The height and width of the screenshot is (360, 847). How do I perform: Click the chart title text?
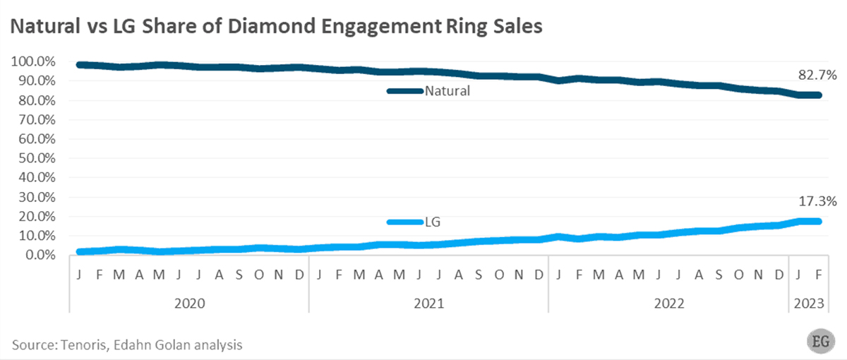click(x=275, y=28)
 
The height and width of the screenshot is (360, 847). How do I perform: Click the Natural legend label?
click(x=447, y=91)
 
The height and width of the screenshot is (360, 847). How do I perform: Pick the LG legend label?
click(x=433, y=222)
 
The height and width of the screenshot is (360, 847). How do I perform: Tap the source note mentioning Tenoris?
click(x=128, y=344)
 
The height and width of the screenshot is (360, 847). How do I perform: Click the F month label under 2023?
click(x=818, y=274)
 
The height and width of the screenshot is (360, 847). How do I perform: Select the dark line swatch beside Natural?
click(x=404, y=91)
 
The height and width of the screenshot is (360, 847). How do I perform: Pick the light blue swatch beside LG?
click(x=404, y=222)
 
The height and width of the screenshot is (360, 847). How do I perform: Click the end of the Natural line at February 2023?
click(x=818, y=95)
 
